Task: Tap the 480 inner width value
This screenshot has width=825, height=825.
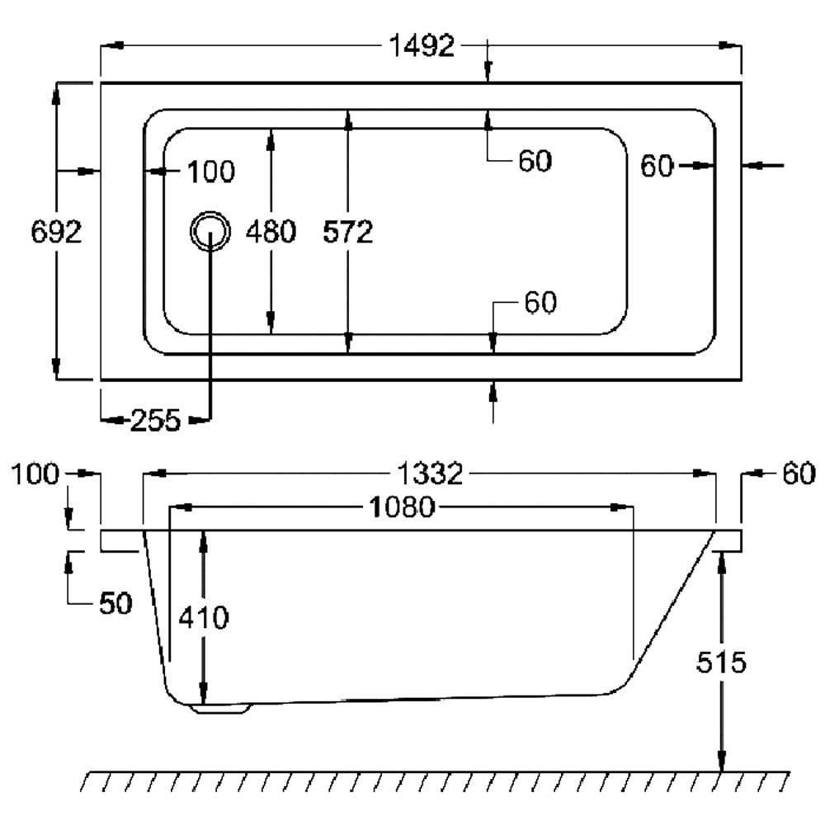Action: pyautogui.click(x=271, y=232)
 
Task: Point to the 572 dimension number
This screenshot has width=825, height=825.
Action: pyautogui.click(x=348, y=232)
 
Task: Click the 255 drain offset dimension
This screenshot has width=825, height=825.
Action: pyautogui.click(x=155, y=421)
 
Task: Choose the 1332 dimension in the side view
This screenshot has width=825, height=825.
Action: pyautogui.click(x=429, y=474)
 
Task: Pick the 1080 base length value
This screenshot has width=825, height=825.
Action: pyautogui.click(x=402, y=507)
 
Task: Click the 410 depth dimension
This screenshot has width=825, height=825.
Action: pyautogui.click(x=204, y=616)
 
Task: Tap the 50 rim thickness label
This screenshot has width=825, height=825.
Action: pyautogui.click(x=115, y=603)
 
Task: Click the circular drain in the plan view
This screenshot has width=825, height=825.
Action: pyautogui.click(x=210, y=232)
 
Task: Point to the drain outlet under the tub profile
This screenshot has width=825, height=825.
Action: pyautogui.click(x=219, y=707)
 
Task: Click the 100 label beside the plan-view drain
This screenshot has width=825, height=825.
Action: pyautogui.click(x=210, y=172)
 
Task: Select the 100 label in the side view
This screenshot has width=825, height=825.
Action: pyautogui.click(x=36, y=474)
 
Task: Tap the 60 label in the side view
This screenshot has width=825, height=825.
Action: pyautogui.click(x=798, y=474)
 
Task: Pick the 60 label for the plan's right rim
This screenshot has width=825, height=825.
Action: pyautogui.click(x=658, y=166)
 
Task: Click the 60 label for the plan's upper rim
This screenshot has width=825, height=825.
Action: pyautogui.click(x=535, y=161)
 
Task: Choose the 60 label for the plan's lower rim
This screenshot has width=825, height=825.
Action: pyautogui.click(x=540, y=303)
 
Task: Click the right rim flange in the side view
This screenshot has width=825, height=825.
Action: pyautogui.click(x=728, y=540)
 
